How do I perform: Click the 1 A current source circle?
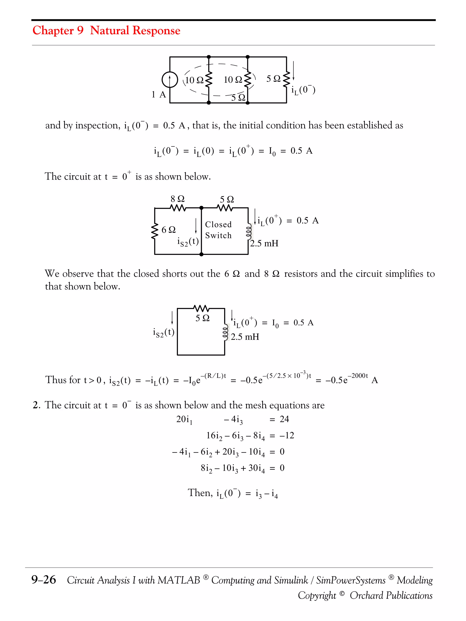click(x=170, y=80)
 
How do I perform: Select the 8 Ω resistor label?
click(x=177, y=199)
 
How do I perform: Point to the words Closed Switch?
click(x=218, y=230)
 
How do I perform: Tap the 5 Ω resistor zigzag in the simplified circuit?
click(x=201, y=308)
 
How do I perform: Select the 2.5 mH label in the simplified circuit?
click(x=245, y=337)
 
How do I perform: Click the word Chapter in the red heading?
click(x=53, y=30)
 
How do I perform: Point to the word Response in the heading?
click(x=156, y=30)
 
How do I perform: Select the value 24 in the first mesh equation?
click(x=284, y=419)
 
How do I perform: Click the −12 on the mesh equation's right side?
click(x=287, y=435)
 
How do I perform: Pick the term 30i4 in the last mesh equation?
click(x=256, y=468)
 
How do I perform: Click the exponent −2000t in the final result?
click(x=357, y=376)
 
